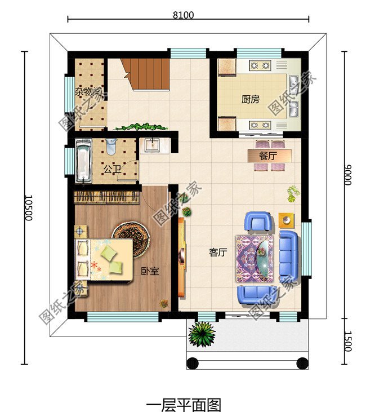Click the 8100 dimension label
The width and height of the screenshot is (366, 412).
(x=183, y=15)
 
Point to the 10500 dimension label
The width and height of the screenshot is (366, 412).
(x=28, y=207)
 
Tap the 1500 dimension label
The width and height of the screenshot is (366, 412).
(x=347, y=341)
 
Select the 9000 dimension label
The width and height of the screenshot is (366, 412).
(x=347, y=175)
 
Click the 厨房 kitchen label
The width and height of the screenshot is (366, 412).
(x=251, y=99)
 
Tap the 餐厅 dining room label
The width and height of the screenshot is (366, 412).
(x=268, y=156)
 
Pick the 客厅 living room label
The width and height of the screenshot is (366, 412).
(x=218, y=252)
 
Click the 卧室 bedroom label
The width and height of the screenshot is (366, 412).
(x=150, y=271)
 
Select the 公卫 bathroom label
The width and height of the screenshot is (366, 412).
(x=113, y=170)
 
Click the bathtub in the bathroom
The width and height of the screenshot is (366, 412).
(x=83, y=161)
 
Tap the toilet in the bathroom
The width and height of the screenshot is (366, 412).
(x=111, y=147)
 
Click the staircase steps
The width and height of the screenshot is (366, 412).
(x=146, y=74)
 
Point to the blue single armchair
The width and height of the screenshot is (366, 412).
(x=258, y=221)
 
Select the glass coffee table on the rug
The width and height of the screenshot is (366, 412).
(x=265, y=259)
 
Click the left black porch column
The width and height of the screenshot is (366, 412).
(x=193, y=364)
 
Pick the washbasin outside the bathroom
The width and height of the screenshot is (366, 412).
(x=153, y=145)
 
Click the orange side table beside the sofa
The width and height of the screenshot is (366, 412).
(x=286, y=220)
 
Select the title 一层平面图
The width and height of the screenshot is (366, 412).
(x=183, y=405)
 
